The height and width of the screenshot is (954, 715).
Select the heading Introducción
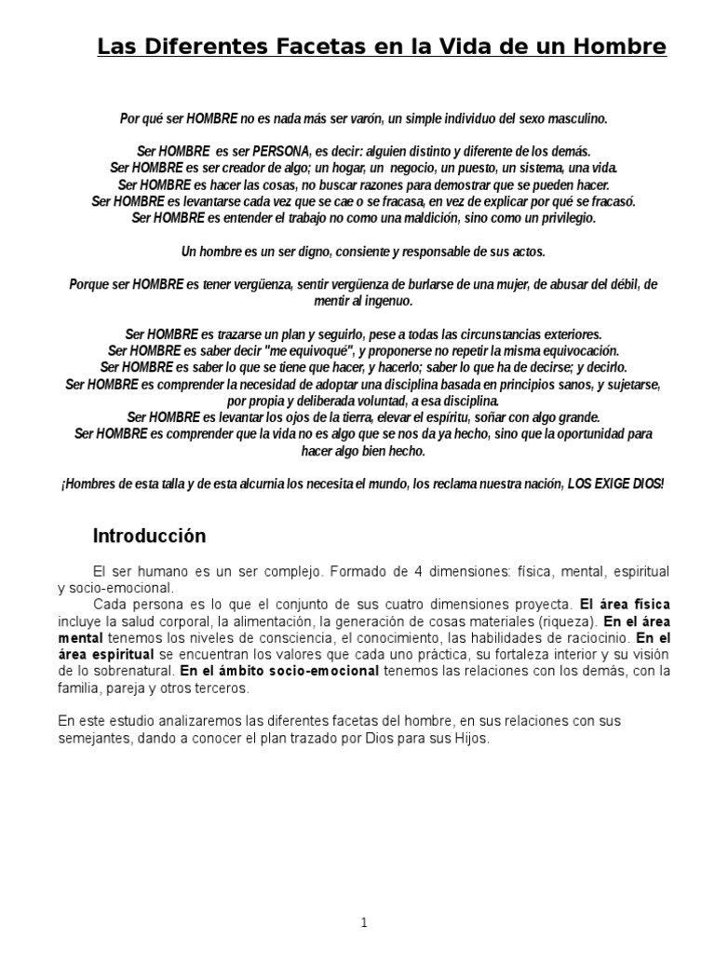coord(149,537)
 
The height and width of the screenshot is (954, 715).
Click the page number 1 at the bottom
coord(364,896)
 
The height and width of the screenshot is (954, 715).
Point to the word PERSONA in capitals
coord(283,150)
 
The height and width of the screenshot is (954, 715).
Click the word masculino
coord(575,118)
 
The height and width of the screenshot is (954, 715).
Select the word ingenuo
coord(386,301)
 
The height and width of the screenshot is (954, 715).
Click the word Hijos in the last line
coord(465,738)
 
